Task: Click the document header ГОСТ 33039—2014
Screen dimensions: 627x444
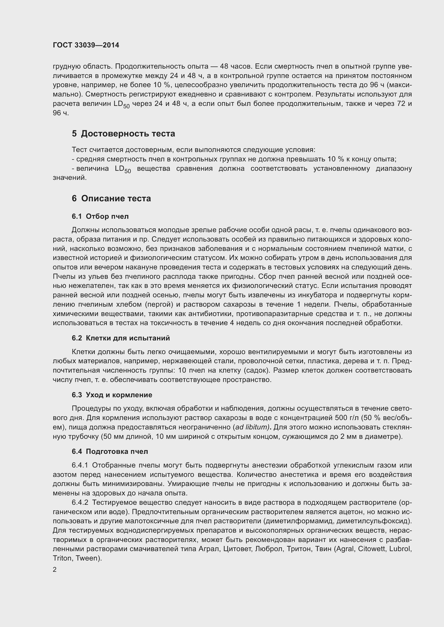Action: pyautogui.click(x=86, y=45)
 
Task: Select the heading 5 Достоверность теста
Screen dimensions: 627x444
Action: pyautogui.click(x=123, y=133)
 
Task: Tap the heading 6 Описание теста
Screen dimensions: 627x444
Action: pyautogui.click(x=111, y=198)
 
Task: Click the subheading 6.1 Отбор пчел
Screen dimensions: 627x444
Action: pyautogui.click(x=100, y=216)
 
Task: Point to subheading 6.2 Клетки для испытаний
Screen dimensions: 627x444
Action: pyautogui.click(x=121, y=338)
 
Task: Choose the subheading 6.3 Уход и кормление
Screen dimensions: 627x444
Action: pyautogui.click(x=112, y=395)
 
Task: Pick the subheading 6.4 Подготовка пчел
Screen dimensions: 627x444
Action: pyautogui.click(x=110, y=451)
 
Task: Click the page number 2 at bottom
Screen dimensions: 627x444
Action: pyautogui.click(x=55, y=570)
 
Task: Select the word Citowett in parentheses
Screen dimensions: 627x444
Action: pyautogui.click(x=372, y=549)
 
